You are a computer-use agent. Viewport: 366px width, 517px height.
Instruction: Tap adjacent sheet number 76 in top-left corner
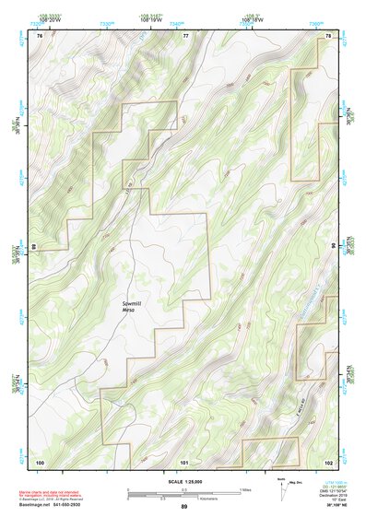point(40,35)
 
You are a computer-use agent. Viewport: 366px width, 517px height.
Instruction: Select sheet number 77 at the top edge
point(185,35)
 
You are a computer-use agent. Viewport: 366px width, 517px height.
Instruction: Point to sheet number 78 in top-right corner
point(329,35)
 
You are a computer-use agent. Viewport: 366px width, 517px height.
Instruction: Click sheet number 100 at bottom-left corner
point(40,461)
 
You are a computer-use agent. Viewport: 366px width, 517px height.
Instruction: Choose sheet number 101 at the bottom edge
point(184,461)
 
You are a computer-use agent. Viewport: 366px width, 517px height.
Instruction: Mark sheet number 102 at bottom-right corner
point(328,461)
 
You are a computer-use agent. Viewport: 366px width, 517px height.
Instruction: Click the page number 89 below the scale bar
point(184,507)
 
